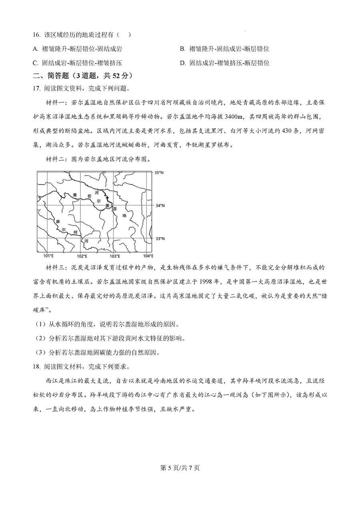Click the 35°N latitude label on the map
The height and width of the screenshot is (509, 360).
[x=159, y=173]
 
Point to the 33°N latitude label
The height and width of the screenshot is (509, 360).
[x=159, y=239]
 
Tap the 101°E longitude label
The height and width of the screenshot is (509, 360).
[x=48, y=256]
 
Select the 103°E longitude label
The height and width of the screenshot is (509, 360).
[x=115, y=256]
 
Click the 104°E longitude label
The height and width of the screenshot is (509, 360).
[x=148, y=256]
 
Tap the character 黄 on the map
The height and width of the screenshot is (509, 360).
[x=75, y=195]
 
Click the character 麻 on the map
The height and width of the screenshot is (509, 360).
[x=58, y=221]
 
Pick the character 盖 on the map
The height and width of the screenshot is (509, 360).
[x=107, y=205]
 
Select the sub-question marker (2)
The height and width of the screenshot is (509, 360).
[x=41, y=338]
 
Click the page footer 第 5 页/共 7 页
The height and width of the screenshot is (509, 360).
[x=180, y=468]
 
